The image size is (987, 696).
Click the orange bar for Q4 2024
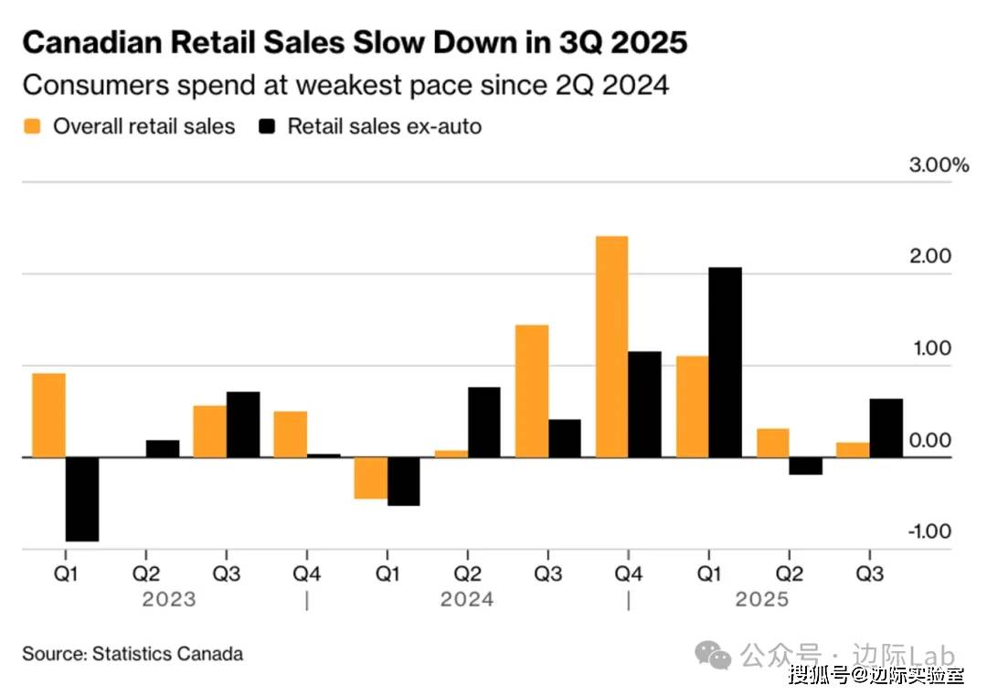tap(611, 347)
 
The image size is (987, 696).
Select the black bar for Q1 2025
tap(725, 362)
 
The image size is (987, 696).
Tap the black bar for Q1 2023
tap(81, 499)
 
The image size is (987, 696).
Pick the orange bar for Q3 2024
tap(531, 391)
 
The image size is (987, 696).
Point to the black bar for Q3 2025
tap(886, 428)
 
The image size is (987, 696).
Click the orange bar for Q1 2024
tap(370, 477)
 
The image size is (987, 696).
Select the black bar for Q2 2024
tap(483, 422)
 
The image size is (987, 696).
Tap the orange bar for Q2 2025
tap(772, 443)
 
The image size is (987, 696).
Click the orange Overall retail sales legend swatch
tap(33, 126)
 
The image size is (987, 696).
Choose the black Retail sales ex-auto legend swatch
tap(267, 126)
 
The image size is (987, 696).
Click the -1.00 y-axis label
tap(928, 531)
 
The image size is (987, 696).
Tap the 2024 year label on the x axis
tap(467, 600)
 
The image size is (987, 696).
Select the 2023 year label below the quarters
tap(169, 600)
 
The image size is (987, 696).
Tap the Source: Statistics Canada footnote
tap(133, 654)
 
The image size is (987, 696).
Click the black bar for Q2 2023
tap(163, 448)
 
